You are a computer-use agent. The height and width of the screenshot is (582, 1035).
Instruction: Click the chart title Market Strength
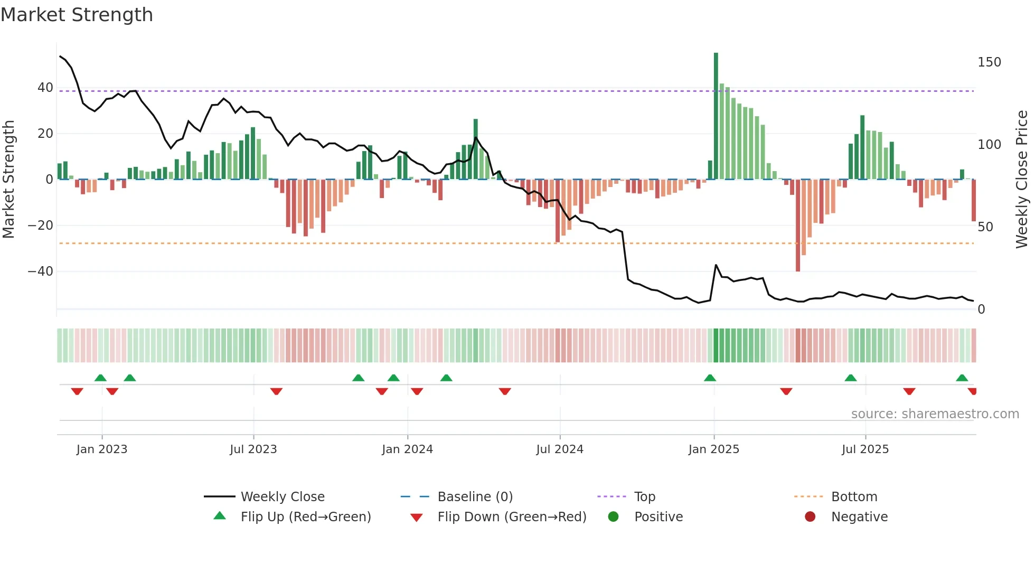coord(77,15)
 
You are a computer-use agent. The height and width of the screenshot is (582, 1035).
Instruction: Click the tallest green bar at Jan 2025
coord(716,116)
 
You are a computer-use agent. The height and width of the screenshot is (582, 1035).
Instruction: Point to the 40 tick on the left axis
coord(45,88)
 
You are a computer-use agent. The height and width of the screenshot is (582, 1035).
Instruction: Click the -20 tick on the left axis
coord(41,226)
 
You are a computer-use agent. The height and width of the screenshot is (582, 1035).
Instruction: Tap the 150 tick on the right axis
coord(989,62)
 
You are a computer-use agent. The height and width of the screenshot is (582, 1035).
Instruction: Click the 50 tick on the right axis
coord(985,227)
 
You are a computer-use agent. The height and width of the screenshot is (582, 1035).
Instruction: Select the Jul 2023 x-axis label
coord(253,449)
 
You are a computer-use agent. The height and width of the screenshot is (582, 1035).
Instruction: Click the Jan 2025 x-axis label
coord(714,449)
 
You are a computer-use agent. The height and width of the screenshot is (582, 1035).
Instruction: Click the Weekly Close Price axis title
coord(1022,180)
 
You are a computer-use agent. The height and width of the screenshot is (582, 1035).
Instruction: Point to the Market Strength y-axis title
coord(9,180)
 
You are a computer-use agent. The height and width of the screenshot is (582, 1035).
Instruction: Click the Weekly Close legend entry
coord(283,497)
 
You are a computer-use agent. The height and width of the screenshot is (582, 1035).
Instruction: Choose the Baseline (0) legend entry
coord(475,497)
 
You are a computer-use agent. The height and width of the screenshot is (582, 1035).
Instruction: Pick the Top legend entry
coord(645,497)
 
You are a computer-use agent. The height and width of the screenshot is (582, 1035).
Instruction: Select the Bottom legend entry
coord(854,497)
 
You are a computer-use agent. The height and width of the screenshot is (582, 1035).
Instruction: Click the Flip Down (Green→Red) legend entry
coord(512,517)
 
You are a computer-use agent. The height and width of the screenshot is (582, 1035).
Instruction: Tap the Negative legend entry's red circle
coord(810,517)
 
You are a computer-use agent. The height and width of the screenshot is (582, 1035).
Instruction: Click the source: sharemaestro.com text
coord(935,414)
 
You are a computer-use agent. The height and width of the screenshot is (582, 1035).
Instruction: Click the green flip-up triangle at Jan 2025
coord(710,378)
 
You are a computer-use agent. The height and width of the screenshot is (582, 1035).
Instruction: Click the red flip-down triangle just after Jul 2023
coord(276,391)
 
